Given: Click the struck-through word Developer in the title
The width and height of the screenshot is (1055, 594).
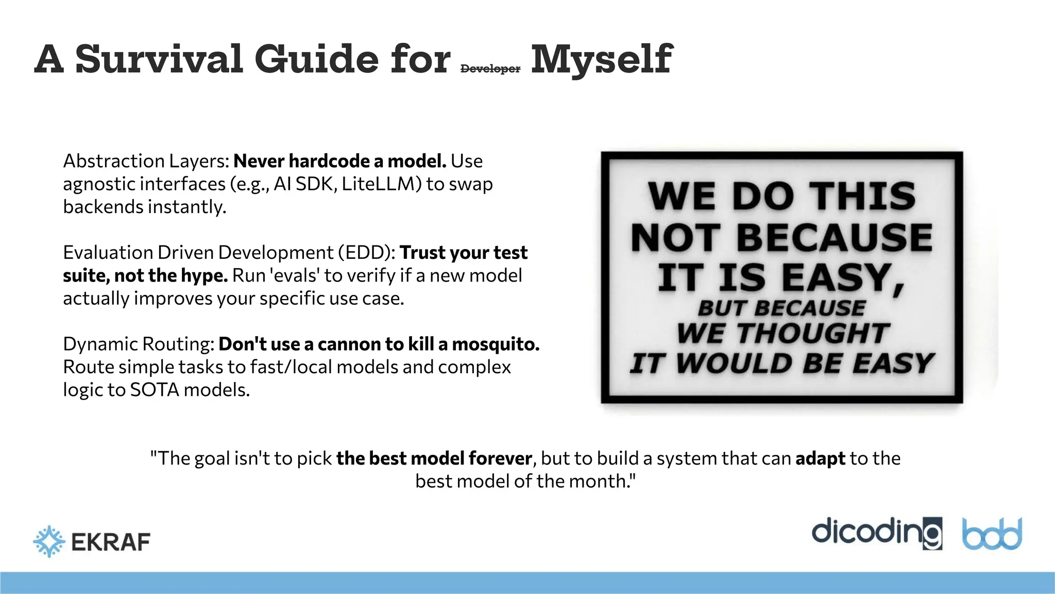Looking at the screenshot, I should (490, 69).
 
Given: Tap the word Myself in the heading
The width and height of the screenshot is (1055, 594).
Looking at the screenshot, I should (601, 59).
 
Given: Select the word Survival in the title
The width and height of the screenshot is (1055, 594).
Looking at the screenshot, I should (159, 59).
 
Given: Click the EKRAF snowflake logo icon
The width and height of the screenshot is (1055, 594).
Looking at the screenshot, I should (49, 541).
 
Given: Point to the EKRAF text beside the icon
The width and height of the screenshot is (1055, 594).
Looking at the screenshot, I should (111, 542).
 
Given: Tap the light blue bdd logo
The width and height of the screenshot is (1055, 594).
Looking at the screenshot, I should (992, 534).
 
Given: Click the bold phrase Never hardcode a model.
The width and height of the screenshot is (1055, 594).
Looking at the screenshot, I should (340, 161).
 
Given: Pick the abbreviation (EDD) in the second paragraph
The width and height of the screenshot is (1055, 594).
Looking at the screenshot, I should (367, 253).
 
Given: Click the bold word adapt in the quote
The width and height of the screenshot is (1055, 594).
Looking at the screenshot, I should (820, 458).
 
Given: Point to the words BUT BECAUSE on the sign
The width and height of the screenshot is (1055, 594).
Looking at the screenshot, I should (781, 308).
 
